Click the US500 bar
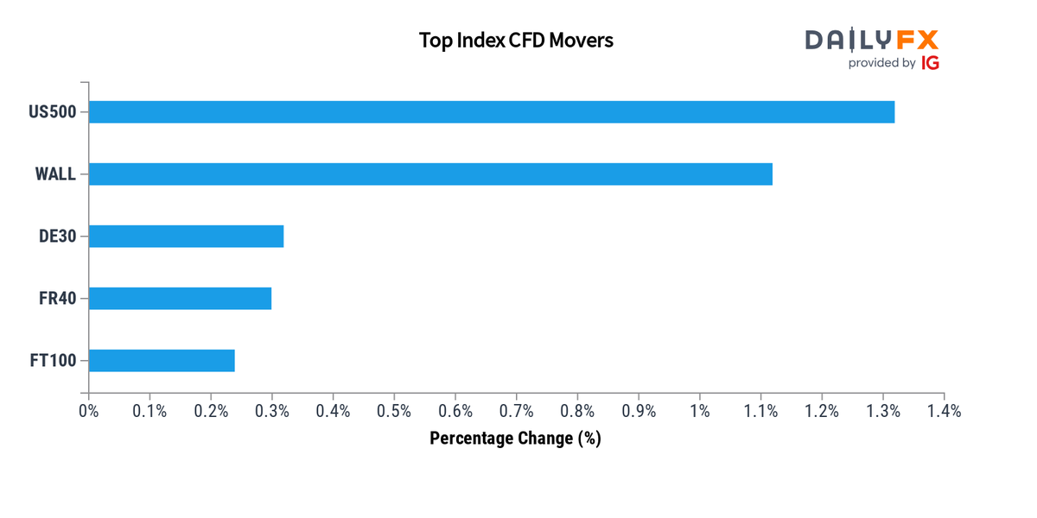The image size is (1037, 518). (491, 112)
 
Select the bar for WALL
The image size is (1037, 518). (430, 174)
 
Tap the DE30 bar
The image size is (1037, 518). (186, 236)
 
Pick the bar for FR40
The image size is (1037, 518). (180, 298)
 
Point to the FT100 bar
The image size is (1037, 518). (162, 360)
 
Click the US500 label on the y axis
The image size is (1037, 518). (52, 112)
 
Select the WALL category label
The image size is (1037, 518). (55, 174)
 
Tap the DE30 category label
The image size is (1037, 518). (58, 237)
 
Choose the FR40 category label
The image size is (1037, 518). (58, 299)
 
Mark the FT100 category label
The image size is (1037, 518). (53, 361)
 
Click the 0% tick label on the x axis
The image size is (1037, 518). (88, 412)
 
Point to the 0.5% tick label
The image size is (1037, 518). (394, 412)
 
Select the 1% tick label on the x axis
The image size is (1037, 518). (699, 412)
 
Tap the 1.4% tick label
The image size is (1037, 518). (944, 412)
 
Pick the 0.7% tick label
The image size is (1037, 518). (516, 412)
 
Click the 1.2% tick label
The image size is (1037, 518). (822, 412)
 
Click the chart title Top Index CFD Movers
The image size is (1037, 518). (516, 41)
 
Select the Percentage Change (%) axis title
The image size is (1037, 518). (515, 439)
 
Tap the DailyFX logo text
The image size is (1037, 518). (871, 40)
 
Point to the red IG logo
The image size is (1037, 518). (930, 63)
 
